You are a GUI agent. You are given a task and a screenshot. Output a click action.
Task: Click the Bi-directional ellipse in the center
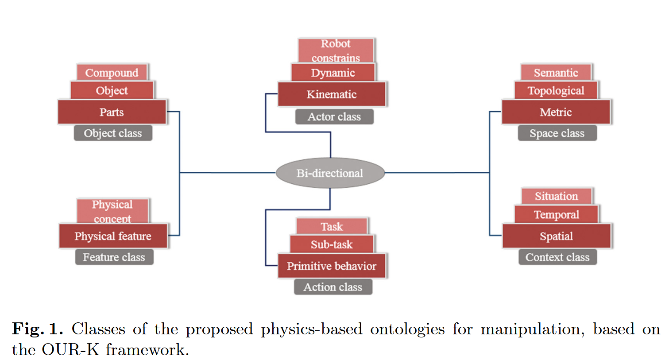(x=330, y=173)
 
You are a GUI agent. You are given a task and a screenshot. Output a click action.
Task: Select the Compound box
(x=112, y=72)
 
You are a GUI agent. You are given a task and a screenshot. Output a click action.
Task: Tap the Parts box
(x=112, y=112)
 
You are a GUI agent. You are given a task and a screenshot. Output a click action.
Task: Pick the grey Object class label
(x=113, y=133)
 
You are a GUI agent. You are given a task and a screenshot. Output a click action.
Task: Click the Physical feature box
(x=113, y=236)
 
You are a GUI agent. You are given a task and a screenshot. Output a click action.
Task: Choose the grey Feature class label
(x=114, y=257)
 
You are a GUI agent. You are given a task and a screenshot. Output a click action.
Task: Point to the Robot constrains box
(x=336, y=50)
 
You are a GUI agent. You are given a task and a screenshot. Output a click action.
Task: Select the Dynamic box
(x=333, y=73)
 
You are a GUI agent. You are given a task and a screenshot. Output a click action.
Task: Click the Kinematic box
(x=332, y=94)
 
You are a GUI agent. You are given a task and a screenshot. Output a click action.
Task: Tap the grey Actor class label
(x=334, y=117)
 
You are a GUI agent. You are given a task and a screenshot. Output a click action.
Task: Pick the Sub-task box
(x=332, y=244)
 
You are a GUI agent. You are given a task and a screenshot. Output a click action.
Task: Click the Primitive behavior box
(x=332, y=266)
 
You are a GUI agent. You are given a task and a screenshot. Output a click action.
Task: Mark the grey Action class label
(x=333, y=287)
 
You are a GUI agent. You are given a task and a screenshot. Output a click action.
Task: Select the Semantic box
(x=556, y=72)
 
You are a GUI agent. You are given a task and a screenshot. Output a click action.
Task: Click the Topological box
(x=556, y=90)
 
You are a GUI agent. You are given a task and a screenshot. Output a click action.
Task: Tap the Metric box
(x=556, y=112)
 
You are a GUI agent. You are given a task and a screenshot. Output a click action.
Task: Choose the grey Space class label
(x=557, y=133)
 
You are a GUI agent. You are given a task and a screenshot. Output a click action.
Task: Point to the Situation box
(x=556, y=196)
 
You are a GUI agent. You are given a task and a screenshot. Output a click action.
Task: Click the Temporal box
(x=556, y=214)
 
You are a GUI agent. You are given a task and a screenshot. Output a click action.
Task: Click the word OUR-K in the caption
(x=70, y=350)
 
